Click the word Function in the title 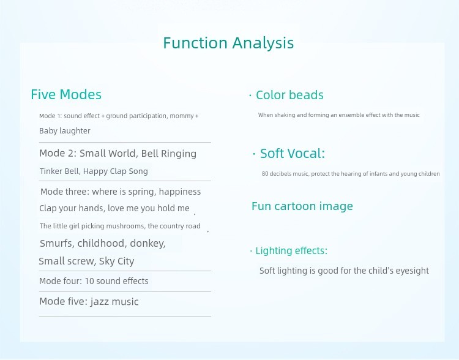(195, 43)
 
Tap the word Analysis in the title (263, 43)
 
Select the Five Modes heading (66, 95)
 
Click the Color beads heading (289, 95)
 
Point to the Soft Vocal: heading (293, 154)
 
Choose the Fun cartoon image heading (302, 206)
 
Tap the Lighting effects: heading (291, 251)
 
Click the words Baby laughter (65, 131)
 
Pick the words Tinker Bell (59, 171)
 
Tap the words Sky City (116, 261)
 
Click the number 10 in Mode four (89, 281)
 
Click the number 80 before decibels (265, 174)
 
